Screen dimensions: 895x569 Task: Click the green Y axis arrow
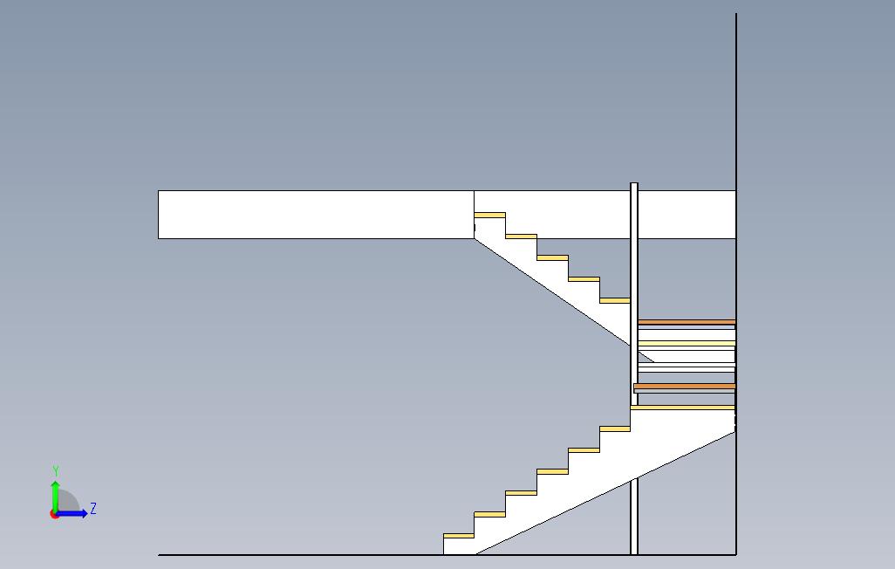tap(55, 493)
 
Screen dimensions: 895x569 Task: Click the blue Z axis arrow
tap(74, 513)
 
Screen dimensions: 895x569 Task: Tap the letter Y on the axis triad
tap(56, 471)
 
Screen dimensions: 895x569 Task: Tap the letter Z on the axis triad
tap(93, 508)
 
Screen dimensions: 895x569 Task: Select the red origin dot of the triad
tap(54, 514)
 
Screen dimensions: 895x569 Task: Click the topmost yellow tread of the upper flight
tap(489, 215)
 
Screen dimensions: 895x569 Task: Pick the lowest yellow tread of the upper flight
tap(615, 300)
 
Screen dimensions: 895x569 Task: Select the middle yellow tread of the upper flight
tap(552, 257)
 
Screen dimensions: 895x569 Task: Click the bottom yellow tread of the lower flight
tap(458, 535)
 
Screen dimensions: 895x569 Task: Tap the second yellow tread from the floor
tap(489, 514)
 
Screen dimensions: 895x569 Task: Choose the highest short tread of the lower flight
tap(615, 428)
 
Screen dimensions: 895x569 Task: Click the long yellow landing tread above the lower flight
tap(682, 407)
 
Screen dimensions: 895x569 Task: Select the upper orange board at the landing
tap(687, 322)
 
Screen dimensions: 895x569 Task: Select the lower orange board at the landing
tap(685, 386)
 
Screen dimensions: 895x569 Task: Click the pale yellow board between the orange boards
tap(687, 343)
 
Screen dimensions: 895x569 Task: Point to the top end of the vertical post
tap(634, 185)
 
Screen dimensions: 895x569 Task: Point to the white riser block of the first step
tap(458, 546)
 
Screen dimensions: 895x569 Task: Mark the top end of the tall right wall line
tap(736, 15)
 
